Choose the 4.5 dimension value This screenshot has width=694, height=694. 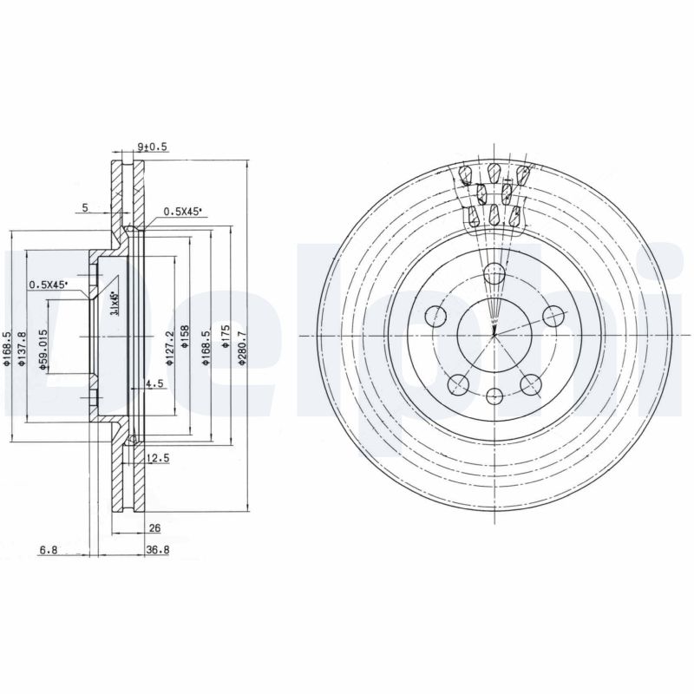[154, 383]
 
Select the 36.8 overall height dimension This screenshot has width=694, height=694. [157, 548]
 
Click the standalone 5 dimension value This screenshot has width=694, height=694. [85, 208]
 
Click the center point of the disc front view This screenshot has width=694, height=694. [494, 335]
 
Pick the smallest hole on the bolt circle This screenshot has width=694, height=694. [494, 396]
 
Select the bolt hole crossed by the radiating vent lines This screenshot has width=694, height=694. [494, 274]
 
